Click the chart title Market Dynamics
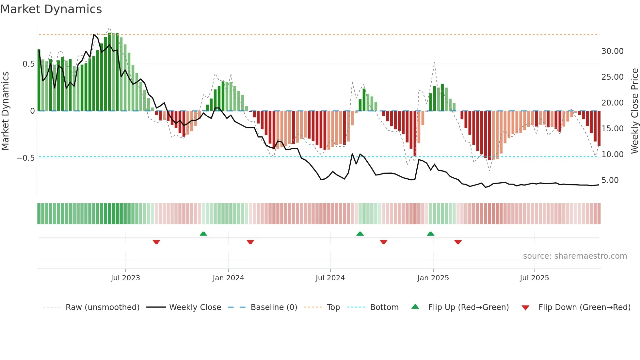(51, 9)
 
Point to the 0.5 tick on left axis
(28, 64)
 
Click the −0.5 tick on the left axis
(26, 158)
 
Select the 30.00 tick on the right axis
(612, 51)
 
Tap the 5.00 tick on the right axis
(610, 180)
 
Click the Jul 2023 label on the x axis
(125, 278)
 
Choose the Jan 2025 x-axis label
(433, 278)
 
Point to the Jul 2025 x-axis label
(534, 278)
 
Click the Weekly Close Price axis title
(634, 111)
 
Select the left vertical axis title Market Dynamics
(5, 111)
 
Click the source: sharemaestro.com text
(575, 256)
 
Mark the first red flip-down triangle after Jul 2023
(156, 242)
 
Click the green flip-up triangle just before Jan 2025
(430, 234)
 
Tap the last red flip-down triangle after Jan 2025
(458, 242)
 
